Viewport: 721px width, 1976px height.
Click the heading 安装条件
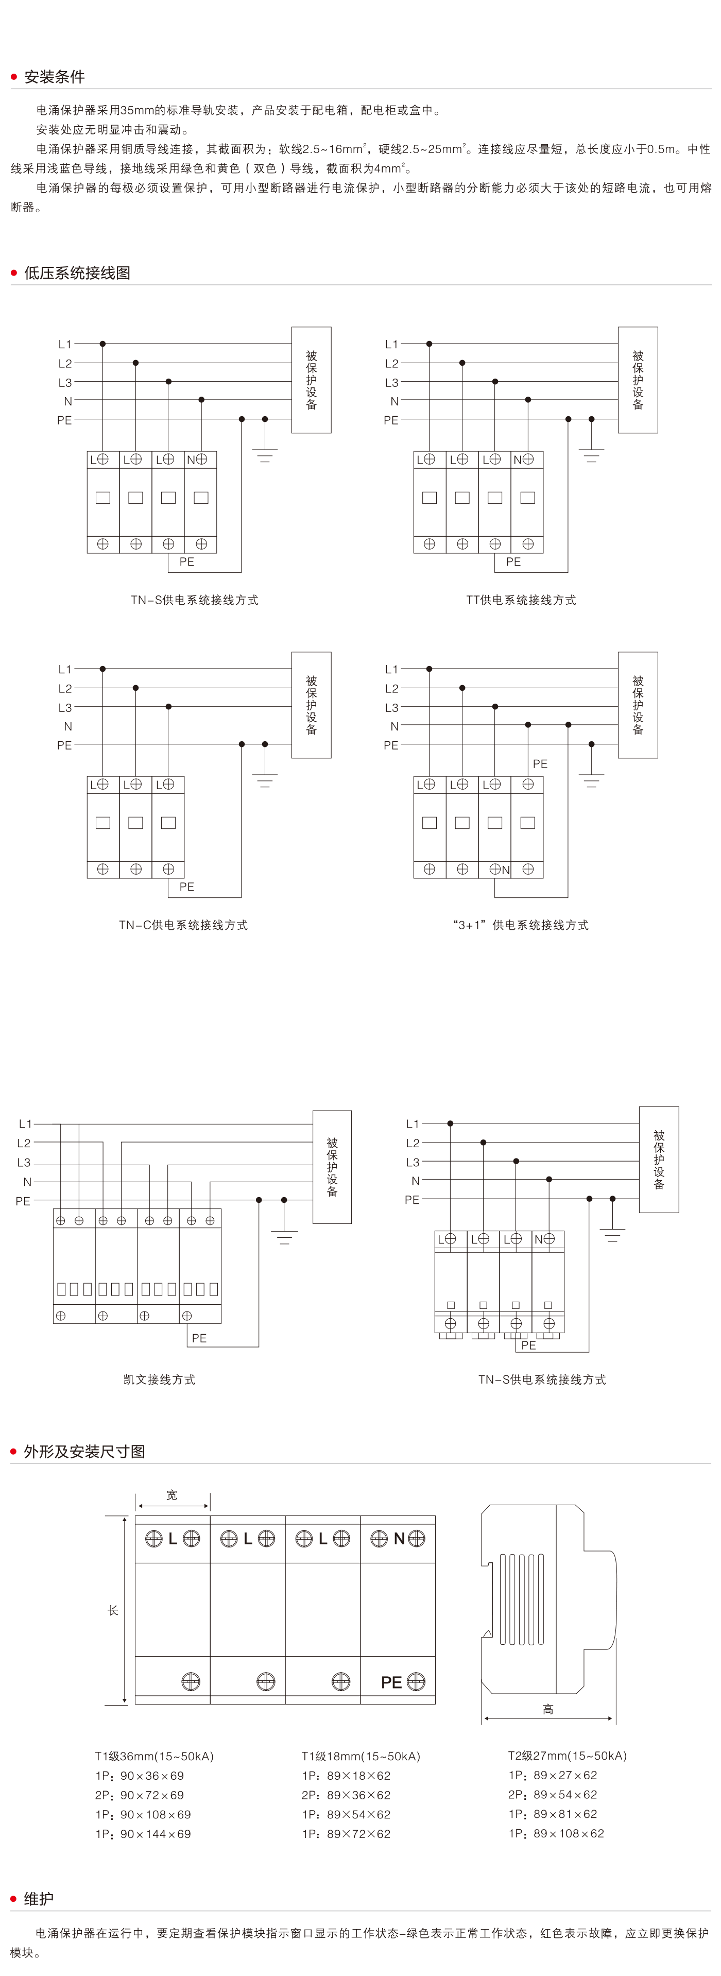54,77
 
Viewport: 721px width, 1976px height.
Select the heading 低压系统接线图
77,273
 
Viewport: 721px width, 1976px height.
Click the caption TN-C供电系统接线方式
183,925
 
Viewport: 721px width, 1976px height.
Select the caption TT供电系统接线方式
521,600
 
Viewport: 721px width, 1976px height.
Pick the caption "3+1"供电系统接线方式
521,925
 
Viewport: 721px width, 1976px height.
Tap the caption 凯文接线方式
159,1379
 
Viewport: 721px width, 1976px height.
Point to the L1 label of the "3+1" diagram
391,670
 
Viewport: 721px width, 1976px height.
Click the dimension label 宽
172,1495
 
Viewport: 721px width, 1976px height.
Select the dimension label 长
113,1610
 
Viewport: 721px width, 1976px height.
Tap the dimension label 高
547,1709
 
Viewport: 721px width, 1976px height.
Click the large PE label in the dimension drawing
391,1682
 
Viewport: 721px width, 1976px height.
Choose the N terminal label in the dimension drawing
399,1538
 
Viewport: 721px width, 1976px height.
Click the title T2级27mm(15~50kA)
567,1755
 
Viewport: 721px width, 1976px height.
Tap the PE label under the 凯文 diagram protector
199,1338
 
